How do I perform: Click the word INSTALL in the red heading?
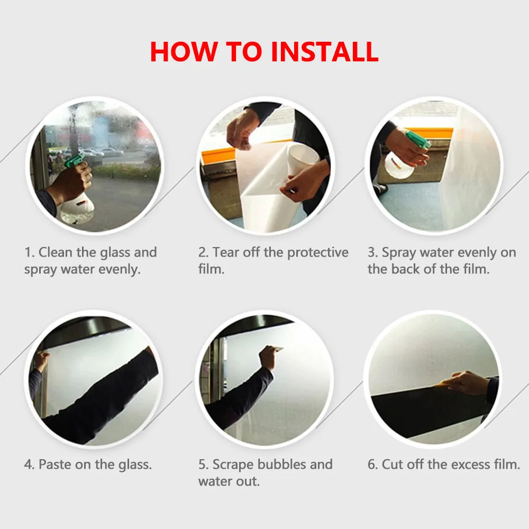pos(324,52)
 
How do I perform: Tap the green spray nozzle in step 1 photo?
pos(74,161)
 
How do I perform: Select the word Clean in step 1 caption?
pos(56,252)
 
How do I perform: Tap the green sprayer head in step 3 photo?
pos(418,139)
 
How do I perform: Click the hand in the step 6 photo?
pos(464,382)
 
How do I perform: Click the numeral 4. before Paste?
pos(29,464)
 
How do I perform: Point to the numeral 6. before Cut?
pos(373,464)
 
